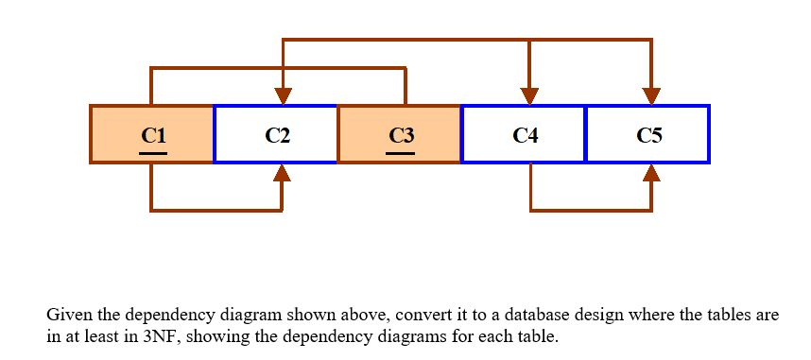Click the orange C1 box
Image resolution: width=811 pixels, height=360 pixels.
point(152,134)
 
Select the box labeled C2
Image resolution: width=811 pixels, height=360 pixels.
point(276,134)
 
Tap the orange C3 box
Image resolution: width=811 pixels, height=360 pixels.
point(400,134)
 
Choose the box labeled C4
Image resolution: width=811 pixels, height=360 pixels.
point(524,134)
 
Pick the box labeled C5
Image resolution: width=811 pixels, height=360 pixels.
point(647,134)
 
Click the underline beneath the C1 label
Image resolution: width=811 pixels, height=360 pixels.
point(154,152)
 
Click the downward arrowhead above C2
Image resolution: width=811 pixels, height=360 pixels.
point(282,95)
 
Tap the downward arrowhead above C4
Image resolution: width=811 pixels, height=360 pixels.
point(530,95)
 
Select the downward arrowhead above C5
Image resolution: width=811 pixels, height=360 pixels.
point(651,95)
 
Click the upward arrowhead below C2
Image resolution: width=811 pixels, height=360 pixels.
point(282,173)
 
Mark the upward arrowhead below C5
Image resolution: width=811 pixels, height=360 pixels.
point(651,173)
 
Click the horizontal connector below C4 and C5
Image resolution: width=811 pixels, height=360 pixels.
point(591,210)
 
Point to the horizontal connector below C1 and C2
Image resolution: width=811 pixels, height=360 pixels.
point(216,210)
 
